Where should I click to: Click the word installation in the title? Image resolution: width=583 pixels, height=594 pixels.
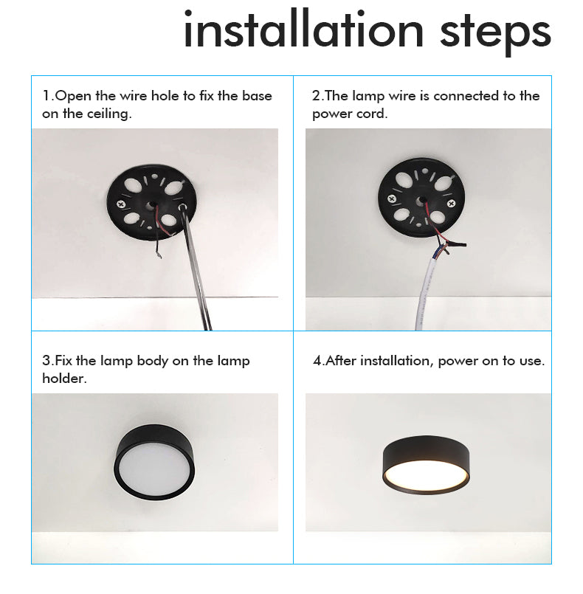point(303,31)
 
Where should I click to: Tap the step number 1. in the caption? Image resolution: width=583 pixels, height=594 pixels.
point(48,96)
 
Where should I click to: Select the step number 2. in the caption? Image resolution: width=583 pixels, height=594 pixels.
point(317,96)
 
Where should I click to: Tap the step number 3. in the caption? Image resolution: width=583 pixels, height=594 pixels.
point(48,361)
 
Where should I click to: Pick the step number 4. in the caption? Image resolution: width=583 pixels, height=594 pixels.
point(319,361)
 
